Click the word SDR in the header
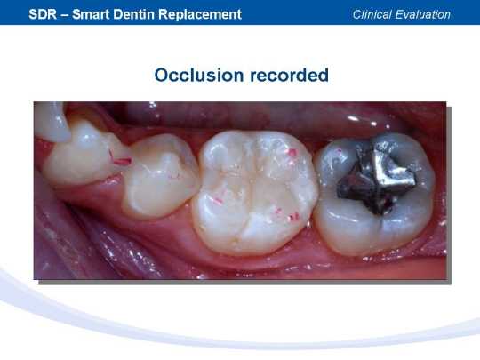(x=43, y=14)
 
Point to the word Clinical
(x=372, y=14)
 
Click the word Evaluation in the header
(x=423, y=14)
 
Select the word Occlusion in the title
(x=199, y=75)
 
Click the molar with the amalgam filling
(x=375, y=193)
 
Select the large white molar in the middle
(x=255, y=192)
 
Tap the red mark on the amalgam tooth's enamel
(x=339, y=151)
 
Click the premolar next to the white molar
(x=161, y=175)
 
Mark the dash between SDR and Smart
(x=65, y=15)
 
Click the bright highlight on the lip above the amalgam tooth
(x=353, y=118)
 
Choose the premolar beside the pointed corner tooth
(x=87, y=153)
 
